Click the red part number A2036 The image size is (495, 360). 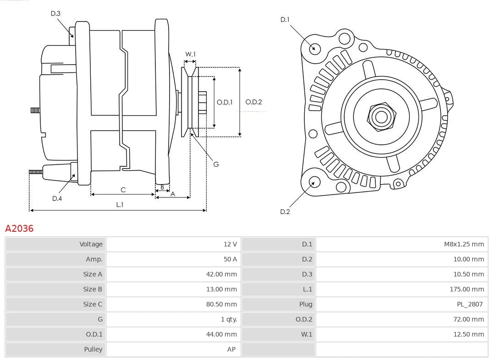(19, 229)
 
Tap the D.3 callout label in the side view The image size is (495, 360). (55, 14)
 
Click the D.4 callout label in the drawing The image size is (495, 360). (57, 198)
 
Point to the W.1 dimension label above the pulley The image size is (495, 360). (190, 55)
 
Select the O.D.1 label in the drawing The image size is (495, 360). (225, 102)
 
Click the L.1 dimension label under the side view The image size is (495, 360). (119, 205)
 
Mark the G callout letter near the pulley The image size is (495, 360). (216, 164)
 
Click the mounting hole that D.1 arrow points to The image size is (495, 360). (315, 48)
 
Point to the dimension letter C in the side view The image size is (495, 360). (123, 190)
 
